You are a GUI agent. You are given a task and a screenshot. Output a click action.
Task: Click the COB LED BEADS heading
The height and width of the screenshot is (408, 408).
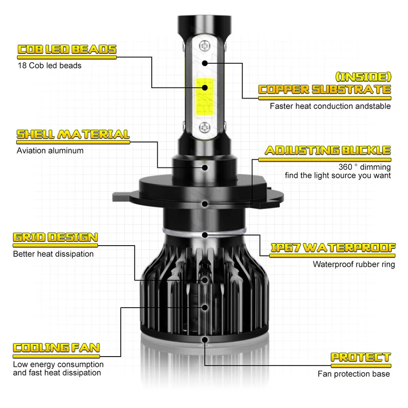pyautogui.click(x=67, y=50)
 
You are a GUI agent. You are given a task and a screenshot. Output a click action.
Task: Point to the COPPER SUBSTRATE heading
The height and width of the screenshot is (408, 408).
pyautogui.click(x=325, y=90)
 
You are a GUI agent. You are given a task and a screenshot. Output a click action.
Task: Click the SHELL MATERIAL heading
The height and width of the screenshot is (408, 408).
pyautogui.click(x=73, y=135)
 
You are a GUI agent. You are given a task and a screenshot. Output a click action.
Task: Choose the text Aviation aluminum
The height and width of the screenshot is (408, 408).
pyautogui.click(x=50, y=150)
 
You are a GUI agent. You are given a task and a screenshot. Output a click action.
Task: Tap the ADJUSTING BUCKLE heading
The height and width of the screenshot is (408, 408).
pyautogui.click(x=327, y=150)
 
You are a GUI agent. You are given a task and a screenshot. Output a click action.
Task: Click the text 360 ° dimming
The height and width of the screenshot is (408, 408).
pyautogui.click(x=364, y=167)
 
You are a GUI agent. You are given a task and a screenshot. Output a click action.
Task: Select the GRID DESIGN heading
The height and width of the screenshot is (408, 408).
pyautogui.click(x=55, y=237)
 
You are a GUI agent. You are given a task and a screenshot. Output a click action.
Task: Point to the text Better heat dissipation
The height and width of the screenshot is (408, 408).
pyautogui.click(x=53, y=254)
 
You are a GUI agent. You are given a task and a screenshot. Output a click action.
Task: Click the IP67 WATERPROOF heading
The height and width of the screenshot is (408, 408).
pyautogui.click(x=333, y=248)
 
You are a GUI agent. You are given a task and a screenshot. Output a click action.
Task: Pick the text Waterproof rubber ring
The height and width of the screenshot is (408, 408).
pyautogui.click(x=354, y=264)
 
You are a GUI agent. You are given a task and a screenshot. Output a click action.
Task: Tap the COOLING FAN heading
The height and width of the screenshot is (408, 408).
pyautogui.click(x=56, y=348)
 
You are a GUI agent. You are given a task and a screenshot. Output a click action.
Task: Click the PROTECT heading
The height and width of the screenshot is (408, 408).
pyautogui.click(x=360, y=357)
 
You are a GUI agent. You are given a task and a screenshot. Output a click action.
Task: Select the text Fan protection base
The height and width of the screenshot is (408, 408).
pyautogui.click(x=354, y=374)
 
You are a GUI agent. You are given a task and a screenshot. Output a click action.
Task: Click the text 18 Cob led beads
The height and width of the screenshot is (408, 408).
pyautogui.click(x=49, y=65)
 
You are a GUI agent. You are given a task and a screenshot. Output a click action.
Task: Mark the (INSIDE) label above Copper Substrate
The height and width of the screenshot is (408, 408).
pyautogui.click(x=363, y=77)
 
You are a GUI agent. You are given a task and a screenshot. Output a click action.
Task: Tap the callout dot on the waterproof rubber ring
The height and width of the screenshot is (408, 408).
pyautogui.click(x=205, y=235)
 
